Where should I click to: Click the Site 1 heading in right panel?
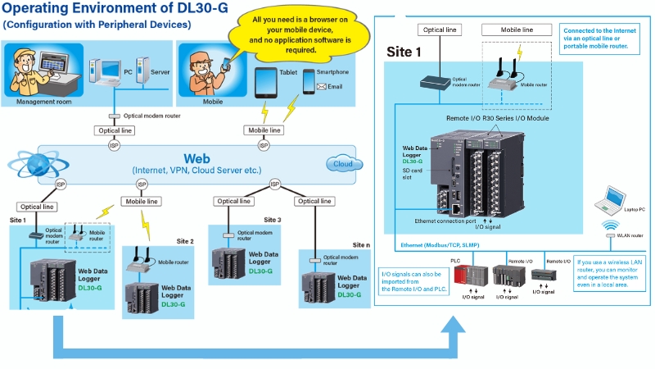pos(404,51)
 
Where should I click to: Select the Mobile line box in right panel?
pos(515,30)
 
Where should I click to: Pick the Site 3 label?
pos(273,220)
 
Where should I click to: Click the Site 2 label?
pos(185,241)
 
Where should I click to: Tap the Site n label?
pos(361,244)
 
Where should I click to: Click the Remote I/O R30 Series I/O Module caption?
pos(497,119)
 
